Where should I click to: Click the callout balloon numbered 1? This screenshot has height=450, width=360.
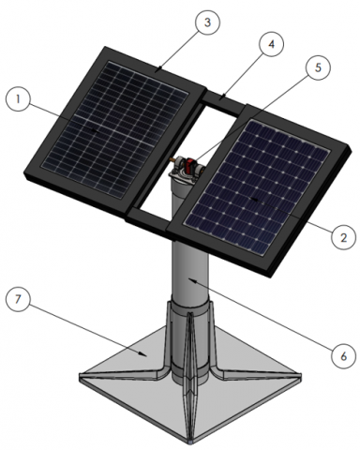(x=18, y=98)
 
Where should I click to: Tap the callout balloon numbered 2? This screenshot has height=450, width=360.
(x=343, y=237)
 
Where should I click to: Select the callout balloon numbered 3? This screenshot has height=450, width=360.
(x=207, y=22)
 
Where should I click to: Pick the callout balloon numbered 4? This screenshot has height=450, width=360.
(x=271, y=44)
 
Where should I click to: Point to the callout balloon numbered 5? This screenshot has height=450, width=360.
(x=318, y=67)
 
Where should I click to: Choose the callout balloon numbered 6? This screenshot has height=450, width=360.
(x=343, y=355)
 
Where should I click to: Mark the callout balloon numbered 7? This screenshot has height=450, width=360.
(x=18, y=299)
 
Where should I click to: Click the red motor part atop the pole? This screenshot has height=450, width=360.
(x=189, y=165)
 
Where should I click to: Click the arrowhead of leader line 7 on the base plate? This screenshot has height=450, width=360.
(x=143, y=354)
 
